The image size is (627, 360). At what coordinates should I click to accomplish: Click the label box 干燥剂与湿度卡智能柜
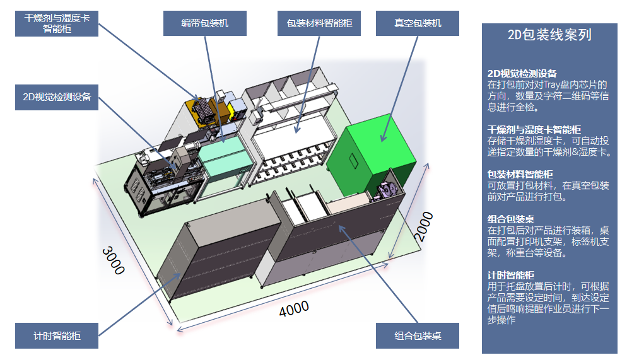(x=57, y=23)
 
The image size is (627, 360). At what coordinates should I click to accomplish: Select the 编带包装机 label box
(x=204, y=23)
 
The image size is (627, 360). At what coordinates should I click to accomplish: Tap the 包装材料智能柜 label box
(x=319, y=23)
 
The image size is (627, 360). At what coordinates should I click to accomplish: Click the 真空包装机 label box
(x=418, y=23)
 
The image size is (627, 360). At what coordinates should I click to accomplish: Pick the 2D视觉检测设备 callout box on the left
(x=57, y=97)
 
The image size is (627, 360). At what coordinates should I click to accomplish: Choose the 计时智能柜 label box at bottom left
(x=57, y=335)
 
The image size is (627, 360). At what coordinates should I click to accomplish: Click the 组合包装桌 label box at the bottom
(x=418, y=336)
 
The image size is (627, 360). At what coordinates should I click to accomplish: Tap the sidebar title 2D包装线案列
(x=549, y=35)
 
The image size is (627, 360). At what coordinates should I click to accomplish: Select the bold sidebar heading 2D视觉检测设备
(x=522, y=73)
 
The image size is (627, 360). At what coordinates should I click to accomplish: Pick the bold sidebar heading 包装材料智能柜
(x=520, y=174)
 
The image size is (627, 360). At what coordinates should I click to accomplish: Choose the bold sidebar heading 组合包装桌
(x=511, y=219)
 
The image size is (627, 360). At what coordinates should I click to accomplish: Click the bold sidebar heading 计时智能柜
(x=511, y=275)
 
